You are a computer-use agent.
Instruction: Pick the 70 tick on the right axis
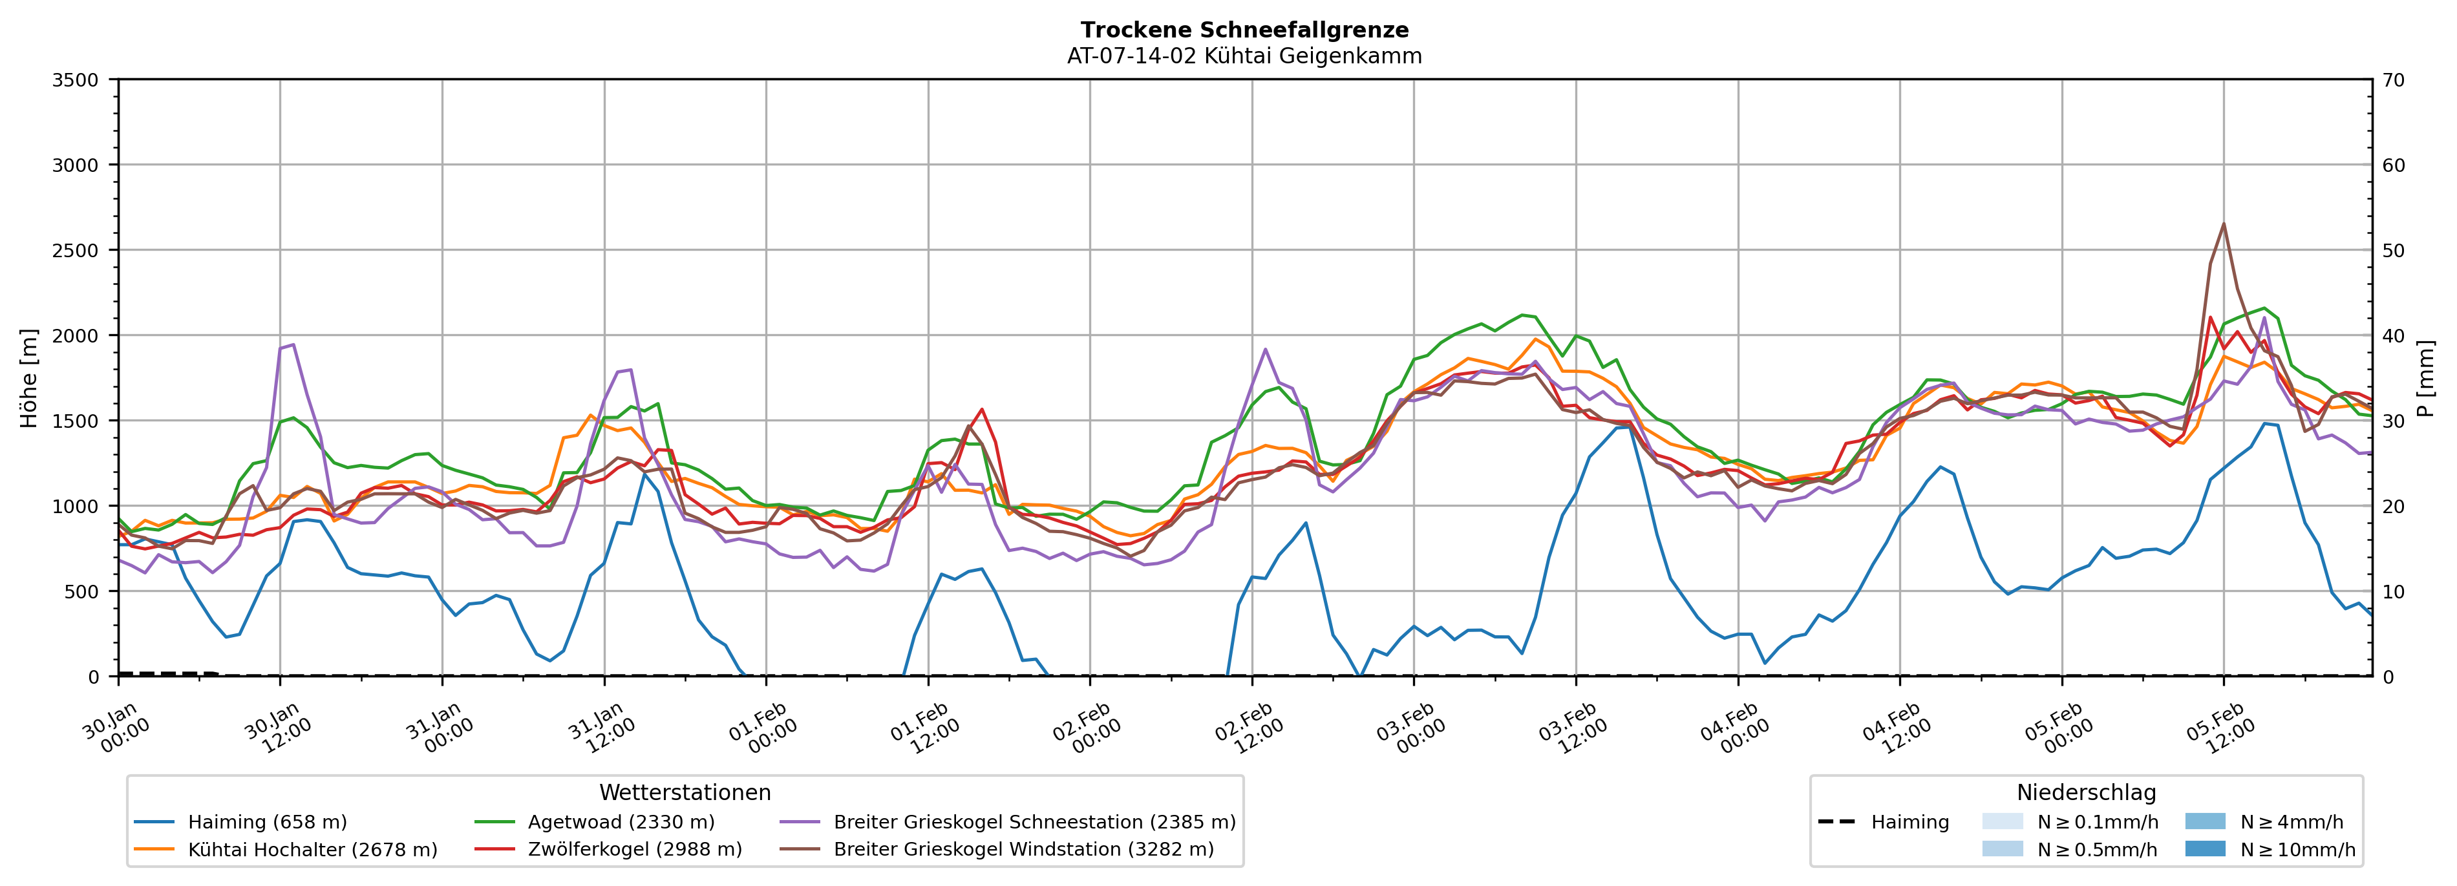point(2393,80)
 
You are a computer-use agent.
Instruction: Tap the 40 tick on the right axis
point(2393,335)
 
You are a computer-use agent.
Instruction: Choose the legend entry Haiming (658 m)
point(267,822)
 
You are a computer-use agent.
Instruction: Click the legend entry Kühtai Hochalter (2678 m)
point(312,850)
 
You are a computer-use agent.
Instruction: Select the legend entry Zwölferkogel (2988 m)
point(634,850)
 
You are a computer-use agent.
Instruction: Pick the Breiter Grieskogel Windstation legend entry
point(1023,850)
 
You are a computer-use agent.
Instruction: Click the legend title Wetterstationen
point(685,792)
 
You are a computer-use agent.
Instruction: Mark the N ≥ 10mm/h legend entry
point(2297,850)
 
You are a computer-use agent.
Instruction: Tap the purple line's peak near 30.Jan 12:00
point(293,344)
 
